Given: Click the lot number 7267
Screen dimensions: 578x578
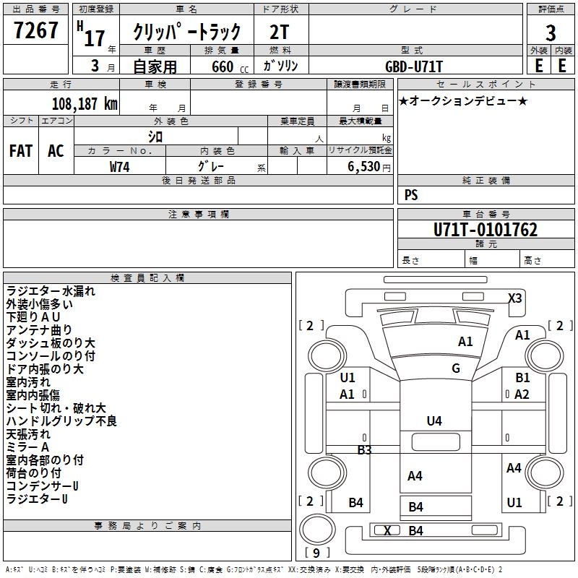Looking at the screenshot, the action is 35,30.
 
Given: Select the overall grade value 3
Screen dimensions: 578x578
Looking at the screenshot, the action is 551,33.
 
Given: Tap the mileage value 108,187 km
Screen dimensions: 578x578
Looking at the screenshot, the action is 85,104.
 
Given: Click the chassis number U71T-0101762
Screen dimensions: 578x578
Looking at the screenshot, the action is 486,230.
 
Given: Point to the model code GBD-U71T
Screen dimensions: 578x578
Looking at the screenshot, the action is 413,66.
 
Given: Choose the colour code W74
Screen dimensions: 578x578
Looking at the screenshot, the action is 119,167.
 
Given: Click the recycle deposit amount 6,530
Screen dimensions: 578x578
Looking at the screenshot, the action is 364,167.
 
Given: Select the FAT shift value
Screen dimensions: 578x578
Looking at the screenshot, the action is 21,151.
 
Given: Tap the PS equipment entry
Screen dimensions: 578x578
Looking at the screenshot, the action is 411,194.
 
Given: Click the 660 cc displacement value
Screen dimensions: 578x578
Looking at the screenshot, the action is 230,66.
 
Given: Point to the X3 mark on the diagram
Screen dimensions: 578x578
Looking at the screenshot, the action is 515,298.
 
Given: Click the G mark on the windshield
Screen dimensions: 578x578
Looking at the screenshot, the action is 456,368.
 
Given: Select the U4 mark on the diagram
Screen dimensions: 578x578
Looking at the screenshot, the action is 434,420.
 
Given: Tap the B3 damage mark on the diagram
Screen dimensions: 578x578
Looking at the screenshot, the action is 365,449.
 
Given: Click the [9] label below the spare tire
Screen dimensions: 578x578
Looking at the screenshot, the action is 316,553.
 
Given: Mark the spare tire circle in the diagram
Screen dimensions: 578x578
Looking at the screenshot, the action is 317,530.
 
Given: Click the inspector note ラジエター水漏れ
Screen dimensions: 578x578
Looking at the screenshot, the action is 51,291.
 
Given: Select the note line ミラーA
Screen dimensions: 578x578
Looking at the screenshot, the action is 27,447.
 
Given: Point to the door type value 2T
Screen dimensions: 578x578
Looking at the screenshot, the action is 279,33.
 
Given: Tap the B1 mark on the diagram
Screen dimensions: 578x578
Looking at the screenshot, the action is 522,377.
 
